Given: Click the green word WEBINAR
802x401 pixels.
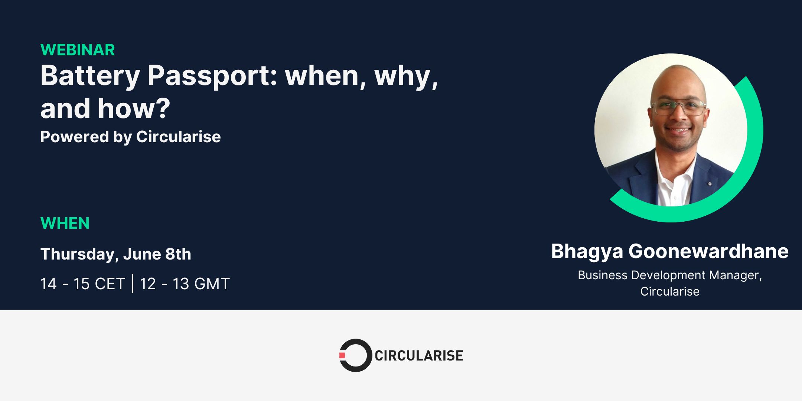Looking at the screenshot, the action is (x=78, y=50).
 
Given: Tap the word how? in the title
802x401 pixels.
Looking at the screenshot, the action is (x=134, y=108).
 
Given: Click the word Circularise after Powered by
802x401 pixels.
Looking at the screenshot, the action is (x=179, y=137).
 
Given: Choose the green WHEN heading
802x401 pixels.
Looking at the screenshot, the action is (x=65, y=223).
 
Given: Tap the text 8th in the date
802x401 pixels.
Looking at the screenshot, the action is (x=178, y=254).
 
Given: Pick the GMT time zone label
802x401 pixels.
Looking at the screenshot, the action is (x=212, y=284).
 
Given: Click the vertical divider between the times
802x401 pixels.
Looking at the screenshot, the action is (x=133, y=284).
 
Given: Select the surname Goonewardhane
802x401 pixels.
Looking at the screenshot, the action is (x=708, y=251).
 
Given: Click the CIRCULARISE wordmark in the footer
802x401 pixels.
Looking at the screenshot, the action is (x=419, y=355).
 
